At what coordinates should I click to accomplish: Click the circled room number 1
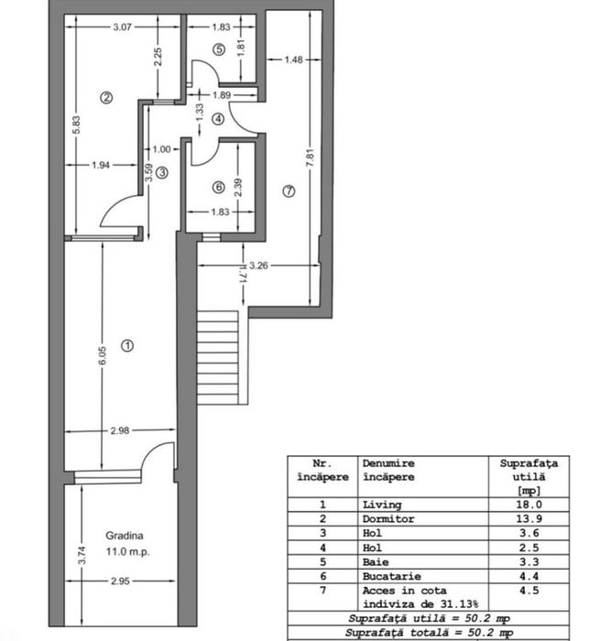127,345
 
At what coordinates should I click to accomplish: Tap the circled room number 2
106,97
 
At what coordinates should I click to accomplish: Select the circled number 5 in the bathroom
218,49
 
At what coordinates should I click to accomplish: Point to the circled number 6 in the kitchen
218,188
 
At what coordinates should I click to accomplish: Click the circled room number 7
289,191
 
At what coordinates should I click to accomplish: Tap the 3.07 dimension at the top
123,27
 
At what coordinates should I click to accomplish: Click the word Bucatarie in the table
389,574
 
